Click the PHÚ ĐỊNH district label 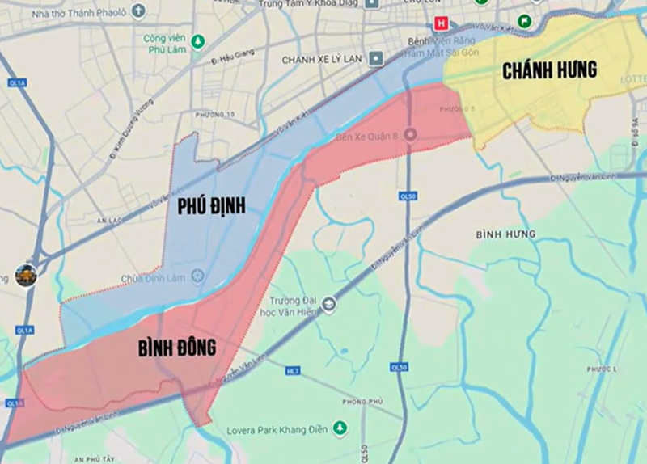211,207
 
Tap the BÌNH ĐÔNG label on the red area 175,348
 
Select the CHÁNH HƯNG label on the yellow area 549,70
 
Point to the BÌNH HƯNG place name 505,234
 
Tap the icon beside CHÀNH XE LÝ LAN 375,59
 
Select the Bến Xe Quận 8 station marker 410,135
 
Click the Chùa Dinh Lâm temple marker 198,276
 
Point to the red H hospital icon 442,23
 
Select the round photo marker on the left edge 25,276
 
